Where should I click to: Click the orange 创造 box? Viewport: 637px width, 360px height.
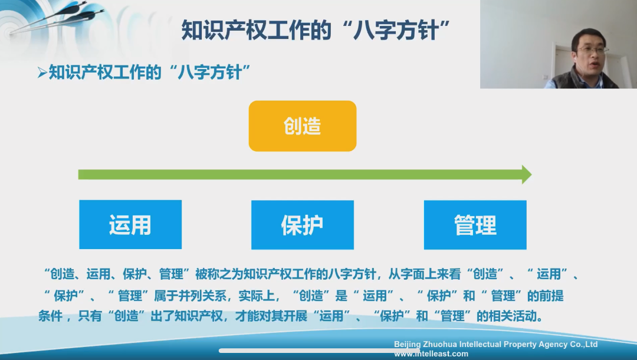(302, 126)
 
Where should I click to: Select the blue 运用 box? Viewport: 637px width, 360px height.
(130, 224)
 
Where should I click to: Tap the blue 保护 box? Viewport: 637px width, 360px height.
(302, 224)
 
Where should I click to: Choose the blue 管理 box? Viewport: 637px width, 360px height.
(475, 224)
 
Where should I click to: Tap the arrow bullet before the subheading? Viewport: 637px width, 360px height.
(41, 73)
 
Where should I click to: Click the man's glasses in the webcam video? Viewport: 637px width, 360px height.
(592, 51)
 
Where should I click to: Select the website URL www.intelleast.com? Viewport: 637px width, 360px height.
(431, 354)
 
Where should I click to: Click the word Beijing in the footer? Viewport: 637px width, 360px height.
(408, 344)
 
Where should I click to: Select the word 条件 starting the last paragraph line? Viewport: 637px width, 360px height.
(51, 316)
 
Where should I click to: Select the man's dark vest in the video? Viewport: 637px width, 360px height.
(581, 79)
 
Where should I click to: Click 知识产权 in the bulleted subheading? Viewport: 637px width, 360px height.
(77, 73)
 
